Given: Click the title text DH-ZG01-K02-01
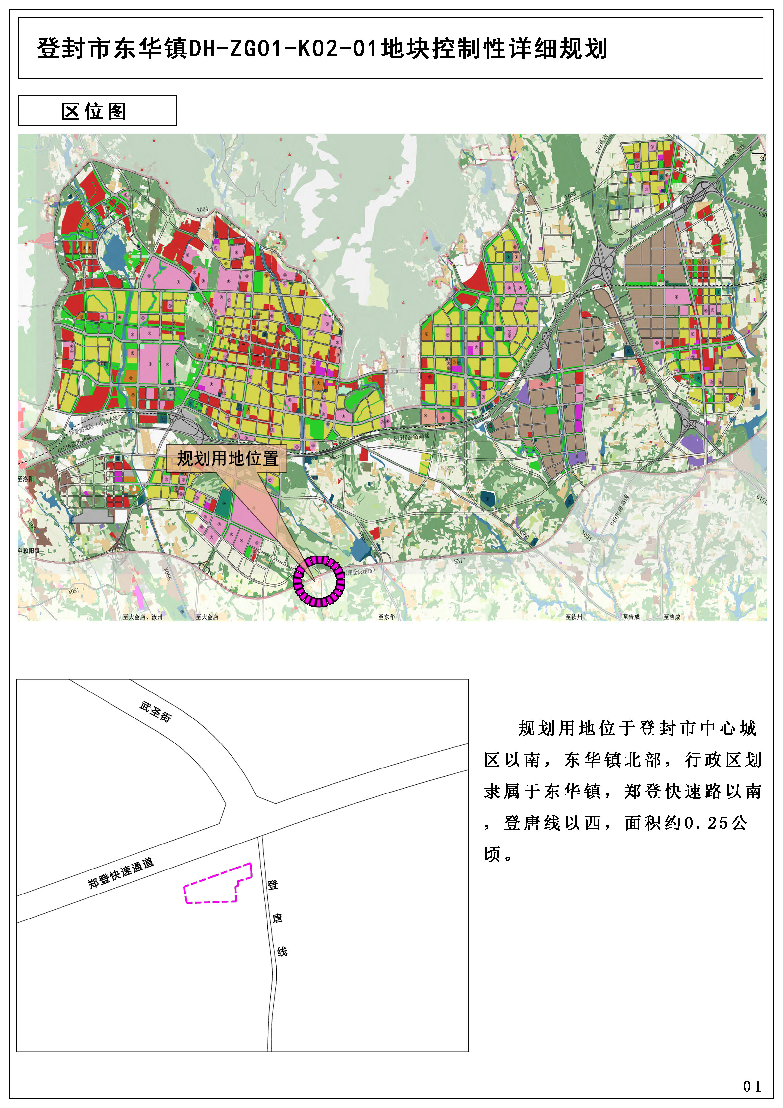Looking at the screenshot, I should [x=282, y=49].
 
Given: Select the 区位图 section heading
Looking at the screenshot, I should [x=94, y=112].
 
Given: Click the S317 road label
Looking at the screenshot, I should [x=459, y=561].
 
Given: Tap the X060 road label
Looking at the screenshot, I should [x=524, y=534].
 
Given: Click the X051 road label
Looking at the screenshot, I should [x=73, y=591].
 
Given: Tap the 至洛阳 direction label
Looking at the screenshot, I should [x=26, y=479].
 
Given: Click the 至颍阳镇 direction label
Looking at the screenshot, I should [x=29, y=551].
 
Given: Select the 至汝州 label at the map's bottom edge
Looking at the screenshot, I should [x=574, y=617].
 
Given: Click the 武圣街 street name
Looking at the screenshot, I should [x=155, y=712].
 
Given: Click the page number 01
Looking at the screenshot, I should [x=752, y=1086].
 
